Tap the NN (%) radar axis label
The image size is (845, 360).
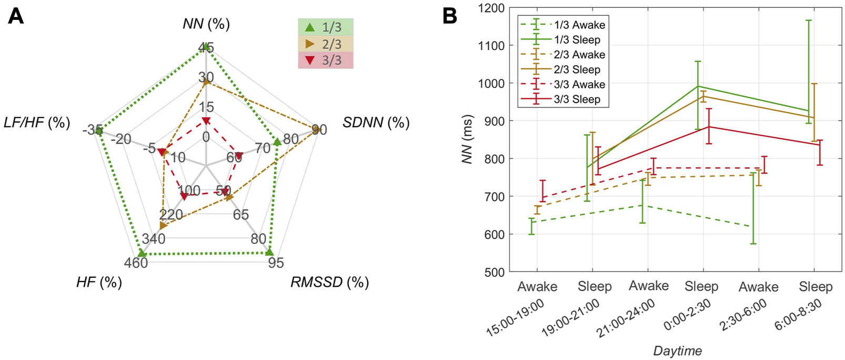coord(206,24)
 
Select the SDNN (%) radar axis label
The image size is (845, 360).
coord(376,123)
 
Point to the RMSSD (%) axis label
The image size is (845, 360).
coord(329,282)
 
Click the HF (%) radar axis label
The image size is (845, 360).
coord(99,282)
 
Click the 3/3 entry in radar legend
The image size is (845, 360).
coord(326,60)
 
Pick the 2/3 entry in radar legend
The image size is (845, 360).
coord(326,44)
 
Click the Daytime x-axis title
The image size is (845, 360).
coord(677,351)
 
